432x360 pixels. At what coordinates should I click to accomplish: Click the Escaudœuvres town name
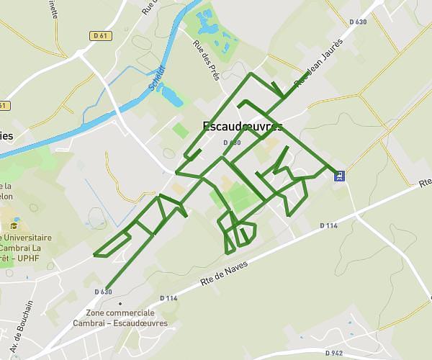[243, 126]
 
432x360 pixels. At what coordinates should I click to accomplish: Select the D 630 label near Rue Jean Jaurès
[358, 22]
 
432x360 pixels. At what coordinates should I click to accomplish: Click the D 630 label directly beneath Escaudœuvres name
[232, 143]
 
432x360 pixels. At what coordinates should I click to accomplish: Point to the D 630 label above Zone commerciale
[103, 292]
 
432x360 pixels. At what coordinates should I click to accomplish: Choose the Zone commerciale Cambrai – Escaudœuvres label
[120, 318]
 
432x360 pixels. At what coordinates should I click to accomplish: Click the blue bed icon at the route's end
[339, 174]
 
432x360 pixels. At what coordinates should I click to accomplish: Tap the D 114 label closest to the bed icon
[328, 225]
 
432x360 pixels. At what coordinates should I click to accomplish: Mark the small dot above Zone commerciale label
[120, 303]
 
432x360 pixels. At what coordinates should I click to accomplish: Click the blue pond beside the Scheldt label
[173, 94]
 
